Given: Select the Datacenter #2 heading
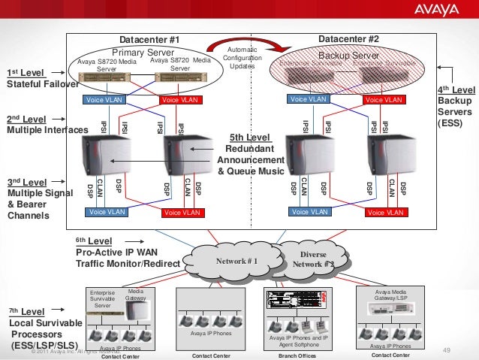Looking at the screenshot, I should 348,38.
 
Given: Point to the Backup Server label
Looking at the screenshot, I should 349,56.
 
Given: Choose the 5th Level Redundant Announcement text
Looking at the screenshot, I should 252,155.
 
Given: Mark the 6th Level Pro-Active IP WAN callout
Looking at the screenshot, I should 127,253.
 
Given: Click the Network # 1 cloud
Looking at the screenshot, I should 236,262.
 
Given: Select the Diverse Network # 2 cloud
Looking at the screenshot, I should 313,259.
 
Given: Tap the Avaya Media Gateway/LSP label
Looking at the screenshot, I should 391,295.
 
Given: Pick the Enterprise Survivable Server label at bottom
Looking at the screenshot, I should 102,298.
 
